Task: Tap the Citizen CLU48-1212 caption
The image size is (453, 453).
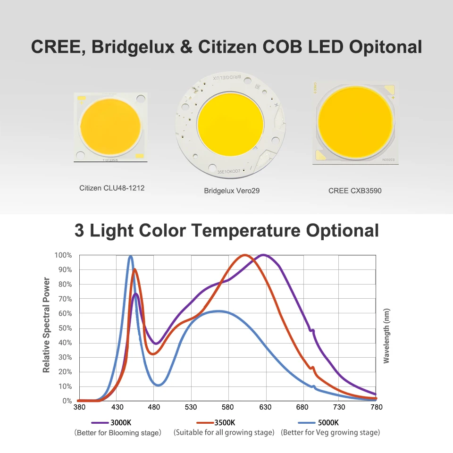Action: tap(112, 188)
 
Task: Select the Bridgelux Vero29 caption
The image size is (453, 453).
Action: tap(232, 191)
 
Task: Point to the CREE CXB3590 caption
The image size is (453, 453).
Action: tap(355, 191)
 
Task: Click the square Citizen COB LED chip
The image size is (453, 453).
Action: tap(111, 128)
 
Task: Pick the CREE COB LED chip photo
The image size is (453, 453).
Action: tap(355, 124)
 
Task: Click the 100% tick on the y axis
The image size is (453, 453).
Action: tap(63, 255)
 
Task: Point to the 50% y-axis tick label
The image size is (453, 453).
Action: tap(65, 328)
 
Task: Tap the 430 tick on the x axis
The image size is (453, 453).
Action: tap(117, 407)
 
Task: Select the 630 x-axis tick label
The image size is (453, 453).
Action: tap(265, 407)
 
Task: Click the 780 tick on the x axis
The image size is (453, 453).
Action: tap(376, 407)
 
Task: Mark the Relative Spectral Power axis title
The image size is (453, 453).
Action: tap(46, 325)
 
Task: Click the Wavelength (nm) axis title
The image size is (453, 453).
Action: tap(386, 336)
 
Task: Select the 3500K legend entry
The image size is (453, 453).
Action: tap(225, 423)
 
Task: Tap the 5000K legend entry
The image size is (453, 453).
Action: tap(328, 423)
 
